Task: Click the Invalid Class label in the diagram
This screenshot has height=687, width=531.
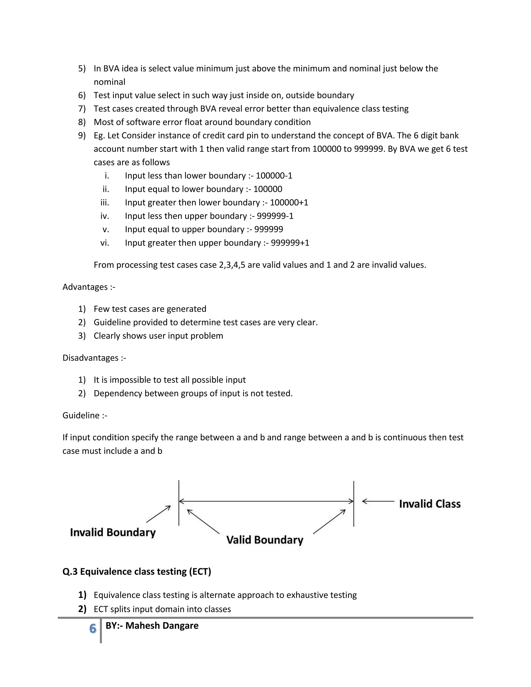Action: click(430, 504)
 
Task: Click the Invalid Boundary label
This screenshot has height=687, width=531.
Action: click(113, 532)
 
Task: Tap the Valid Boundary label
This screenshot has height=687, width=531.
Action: click(264, 540)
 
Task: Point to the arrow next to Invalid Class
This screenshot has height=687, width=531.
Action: click(378, 501)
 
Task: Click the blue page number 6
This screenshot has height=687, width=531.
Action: click(93, 628)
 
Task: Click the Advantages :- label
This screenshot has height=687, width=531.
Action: click(89, 287)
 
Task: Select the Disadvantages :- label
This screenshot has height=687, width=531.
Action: click(94, 358)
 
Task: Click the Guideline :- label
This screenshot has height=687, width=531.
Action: click(85, 416)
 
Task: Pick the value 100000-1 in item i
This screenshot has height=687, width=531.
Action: click(274, 176)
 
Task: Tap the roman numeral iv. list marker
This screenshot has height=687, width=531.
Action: click(105, 216)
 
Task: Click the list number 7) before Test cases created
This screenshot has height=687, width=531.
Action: click(82, 109)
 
